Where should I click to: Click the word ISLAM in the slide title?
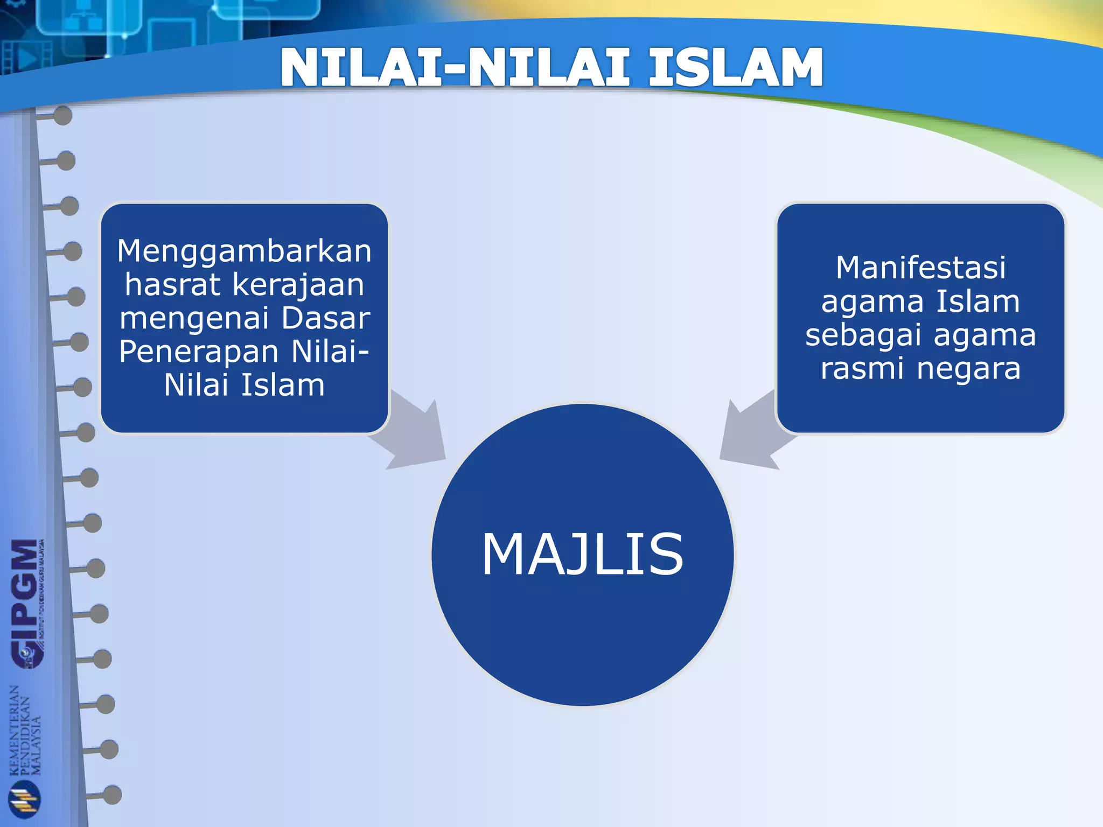[x=735, y=68]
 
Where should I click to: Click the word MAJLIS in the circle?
[x=582, y=555]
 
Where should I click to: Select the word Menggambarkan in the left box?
[x=245, y=251]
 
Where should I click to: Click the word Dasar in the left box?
[x=325, y=318]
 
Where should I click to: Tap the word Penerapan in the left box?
[x=199, y=352]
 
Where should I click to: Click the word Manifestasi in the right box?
[x=920, y=268]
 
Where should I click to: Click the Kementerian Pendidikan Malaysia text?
[x=25, y=730]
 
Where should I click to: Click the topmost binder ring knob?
[x=63, y=115]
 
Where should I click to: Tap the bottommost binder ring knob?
[x=112, y=795]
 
